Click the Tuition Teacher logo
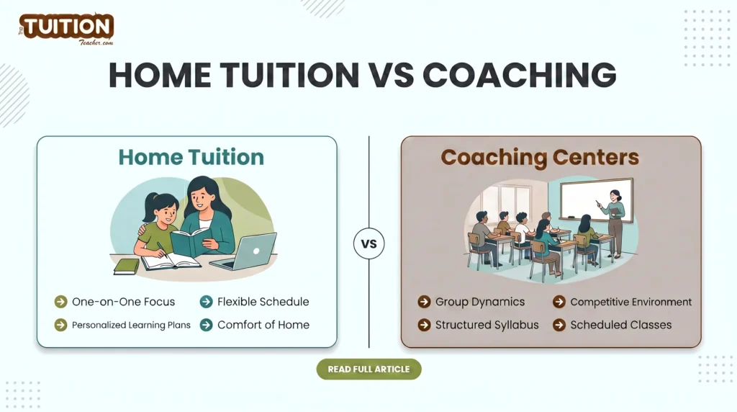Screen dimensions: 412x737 pos(66,29)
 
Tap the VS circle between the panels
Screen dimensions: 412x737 pos(368,243)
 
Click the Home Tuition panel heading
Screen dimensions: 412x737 pos(191,157)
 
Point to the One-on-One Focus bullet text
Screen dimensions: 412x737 pos(123,302)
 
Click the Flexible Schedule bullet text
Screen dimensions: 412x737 pos(263,302)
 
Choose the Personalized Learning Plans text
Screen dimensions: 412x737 pos(131,325)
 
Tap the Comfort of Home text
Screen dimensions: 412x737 pos(263,325)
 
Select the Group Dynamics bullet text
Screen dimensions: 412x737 pos(480,302)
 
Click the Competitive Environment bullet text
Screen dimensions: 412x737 pos(630,302)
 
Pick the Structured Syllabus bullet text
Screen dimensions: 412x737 pos(487,325)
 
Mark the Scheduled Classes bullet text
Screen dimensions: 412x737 pos(620,325)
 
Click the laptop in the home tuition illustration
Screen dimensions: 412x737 pos(249,251)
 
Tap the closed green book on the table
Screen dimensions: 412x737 pos(127,266)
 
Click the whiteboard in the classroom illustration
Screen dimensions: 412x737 pos(597,200)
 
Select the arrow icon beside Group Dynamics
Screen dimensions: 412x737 pos(424,302)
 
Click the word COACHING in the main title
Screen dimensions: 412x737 pos(519,75)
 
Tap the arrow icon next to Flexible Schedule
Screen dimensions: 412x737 pos(206,302)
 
